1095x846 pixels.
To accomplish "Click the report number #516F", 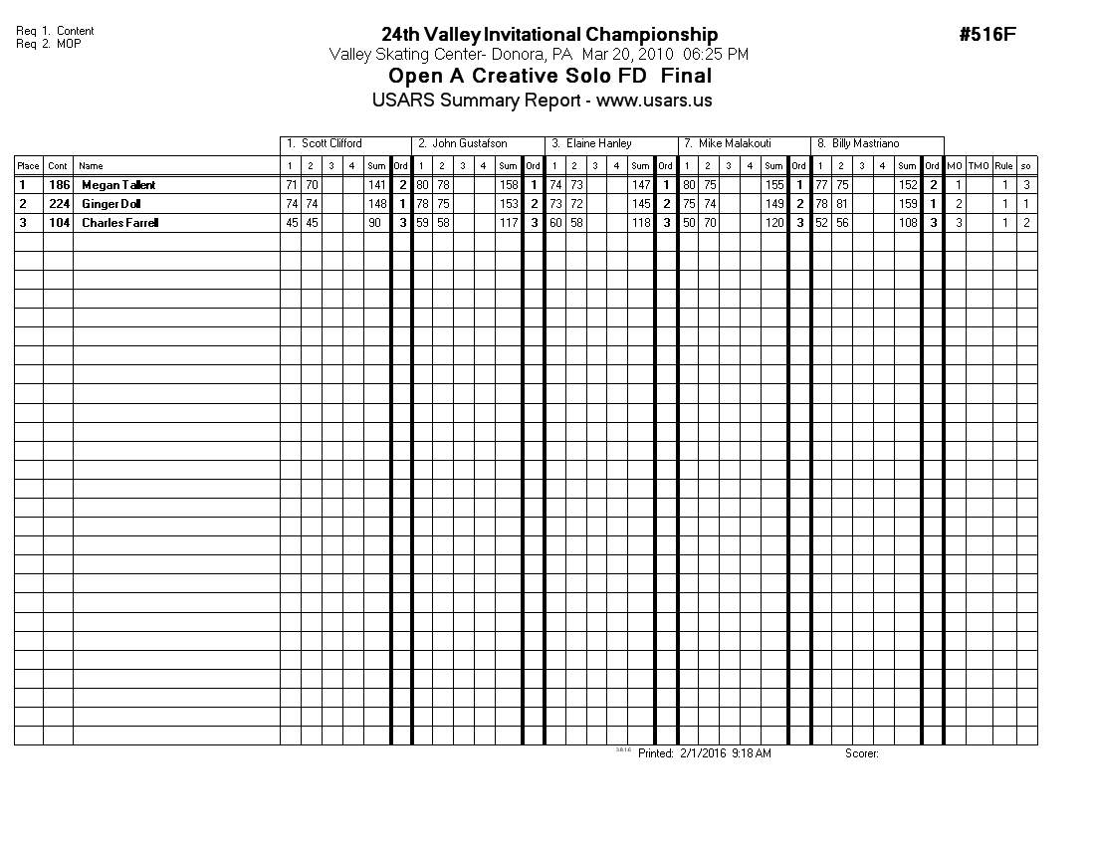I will (987, 35).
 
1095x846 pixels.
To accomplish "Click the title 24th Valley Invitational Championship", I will (549, 35).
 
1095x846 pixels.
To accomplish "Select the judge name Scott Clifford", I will (331, 144).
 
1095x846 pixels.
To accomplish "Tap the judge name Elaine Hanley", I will (598, 144).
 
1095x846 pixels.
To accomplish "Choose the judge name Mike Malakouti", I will (735, 144).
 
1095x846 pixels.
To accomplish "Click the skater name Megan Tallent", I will (118, 185).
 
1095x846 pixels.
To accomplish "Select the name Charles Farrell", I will (119, 223).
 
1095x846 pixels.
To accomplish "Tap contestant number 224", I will (59, 204).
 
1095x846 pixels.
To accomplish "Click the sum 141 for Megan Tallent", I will (377, 185).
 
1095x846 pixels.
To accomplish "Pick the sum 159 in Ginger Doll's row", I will (907, 204).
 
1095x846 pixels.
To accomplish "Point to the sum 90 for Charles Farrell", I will (374, 223).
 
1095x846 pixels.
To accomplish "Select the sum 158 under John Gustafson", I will (509, 185).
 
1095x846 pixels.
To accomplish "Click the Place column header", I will (28, 166).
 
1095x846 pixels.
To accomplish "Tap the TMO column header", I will (979, 166).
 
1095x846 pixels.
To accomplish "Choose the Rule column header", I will (1003, 166).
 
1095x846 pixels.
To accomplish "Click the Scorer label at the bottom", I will (861, 754).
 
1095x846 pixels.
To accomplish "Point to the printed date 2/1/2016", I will (703, 754).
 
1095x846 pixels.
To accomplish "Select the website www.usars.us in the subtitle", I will (654, 101).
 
